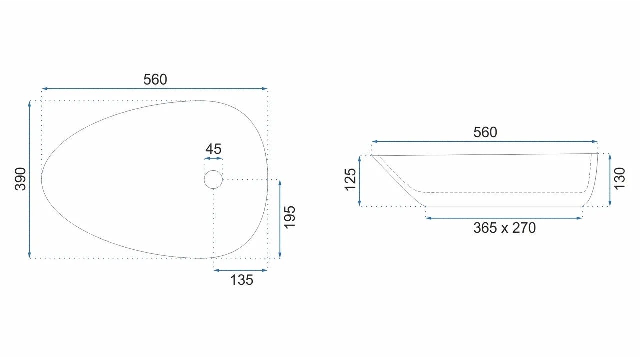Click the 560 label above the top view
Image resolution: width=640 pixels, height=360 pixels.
pos(155,79)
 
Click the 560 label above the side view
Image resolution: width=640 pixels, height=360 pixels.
pos(485,132)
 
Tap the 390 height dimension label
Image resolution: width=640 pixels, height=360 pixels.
pos(21,179)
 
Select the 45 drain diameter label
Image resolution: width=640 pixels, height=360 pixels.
pos(213,149)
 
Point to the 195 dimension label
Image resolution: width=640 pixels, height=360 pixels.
pos(289,217)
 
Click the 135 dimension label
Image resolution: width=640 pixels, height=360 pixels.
pos(241,280)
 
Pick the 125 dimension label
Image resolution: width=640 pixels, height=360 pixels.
pos(350,179)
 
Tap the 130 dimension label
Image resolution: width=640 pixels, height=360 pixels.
pos(619,178)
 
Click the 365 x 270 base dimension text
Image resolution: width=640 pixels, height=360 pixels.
pos(504,228)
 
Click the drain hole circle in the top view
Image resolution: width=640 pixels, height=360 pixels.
pos(213,170)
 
